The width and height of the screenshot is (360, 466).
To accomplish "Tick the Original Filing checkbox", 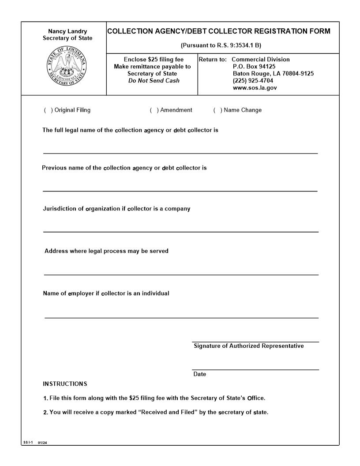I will pos(47,110).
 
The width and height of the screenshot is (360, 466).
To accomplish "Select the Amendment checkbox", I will pos(154,110).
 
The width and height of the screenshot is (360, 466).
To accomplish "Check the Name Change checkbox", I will pos(217,110).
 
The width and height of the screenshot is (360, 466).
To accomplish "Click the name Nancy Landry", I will pos(67,31).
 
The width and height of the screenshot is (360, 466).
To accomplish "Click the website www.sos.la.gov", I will pos(255,88).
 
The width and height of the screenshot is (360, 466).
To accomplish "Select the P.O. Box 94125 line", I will pos(254,66).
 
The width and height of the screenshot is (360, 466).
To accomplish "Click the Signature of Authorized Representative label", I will pos(249,346).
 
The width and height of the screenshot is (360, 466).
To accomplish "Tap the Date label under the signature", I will pos(200,374).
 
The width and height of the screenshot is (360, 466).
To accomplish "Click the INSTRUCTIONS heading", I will pos(65,383).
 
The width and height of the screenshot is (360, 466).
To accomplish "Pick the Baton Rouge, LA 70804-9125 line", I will pos(273,74).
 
